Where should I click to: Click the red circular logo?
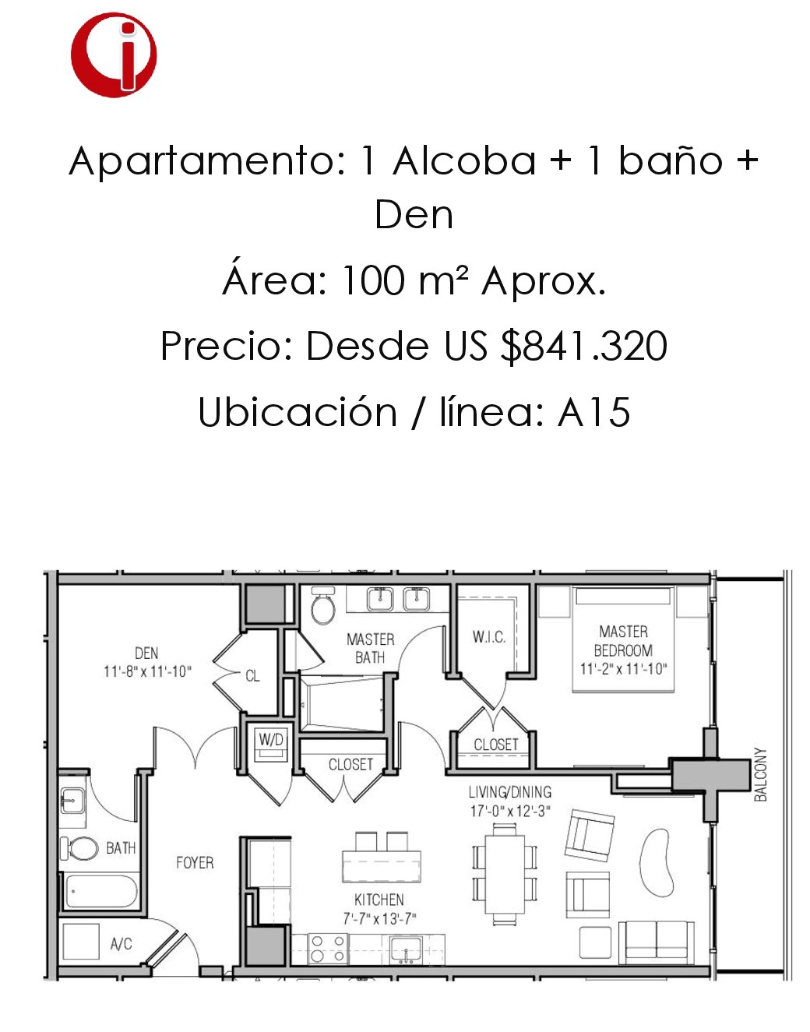(114, 55)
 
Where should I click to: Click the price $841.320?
(583, 347)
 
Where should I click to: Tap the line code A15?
(594, 412)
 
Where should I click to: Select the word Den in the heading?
(414, 215)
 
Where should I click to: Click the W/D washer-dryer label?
(271, 740)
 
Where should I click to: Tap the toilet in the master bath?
(323, 605)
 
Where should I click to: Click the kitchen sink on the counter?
(406, 950)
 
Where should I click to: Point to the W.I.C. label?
(488, 637)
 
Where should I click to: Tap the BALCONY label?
(761, 775)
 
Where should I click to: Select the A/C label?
(121, 944)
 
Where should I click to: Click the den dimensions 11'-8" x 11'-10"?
(147, 671)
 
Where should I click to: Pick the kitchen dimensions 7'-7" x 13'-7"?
(379, 918)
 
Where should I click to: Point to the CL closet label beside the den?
(252, 676)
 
